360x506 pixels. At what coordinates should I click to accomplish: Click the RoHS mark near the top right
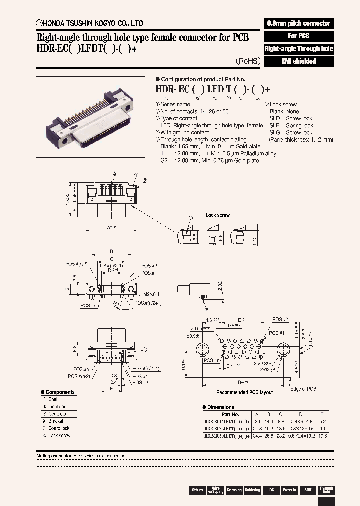(248, 61)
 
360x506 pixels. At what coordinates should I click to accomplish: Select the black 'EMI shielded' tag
(298, 61)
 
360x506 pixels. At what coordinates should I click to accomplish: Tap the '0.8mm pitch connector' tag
(298, 23)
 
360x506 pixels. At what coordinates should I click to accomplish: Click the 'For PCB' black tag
(298, 36)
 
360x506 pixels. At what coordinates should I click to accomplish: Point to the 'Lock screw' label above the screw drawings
(217, 215)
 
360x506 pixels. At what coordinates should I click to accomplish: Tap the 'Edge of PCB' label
(303, 389)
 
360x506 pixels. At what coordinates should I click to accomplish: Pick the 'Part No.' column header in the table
(230, 414)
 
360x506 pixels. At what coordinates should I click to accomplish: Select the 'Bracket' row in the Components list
(56, 421)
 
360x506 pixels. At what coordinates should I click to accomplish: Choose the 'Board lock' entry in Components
(59, 428)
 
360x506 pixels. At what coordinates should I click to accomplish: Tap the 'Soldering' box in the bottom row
(252, 490)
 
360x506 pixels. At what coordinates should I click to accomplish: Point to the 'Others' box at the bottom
(197, 490)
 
